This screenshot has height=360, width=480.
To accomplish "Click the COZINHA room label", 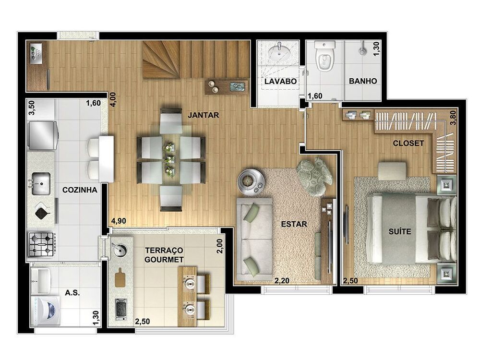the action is coord(80,190).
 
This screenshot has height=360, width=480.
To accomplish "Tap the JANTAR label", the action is coord(203,115).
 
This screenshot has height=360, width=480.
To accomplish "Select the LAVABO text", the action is coord(280,81).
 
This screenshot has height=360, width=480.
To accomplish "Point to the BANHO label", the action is coord(363,81).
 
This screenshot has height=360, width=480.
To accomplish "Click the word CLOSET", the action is coord(408,143).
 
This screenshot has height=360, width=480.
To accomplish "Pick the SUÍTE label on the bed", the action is coord(400,231).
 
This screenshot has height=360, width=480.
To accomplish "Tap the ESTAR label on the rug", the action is coord(294,224).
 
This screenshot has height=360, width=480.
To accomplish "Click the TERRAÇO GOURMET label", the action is coord(164,255).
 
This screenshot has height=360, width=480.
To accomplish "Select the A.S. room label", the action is coord(72,293).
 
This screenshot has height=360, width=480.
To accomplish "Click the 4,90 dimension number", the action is coord(119,221).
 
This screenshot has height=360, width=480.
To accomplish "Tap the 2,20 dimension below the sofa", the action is coord(282,281).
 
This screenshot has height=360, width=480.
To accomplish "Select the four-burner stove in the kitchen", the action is coord(42,244).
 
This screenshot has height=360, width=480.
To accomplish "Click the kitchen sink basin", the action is coord(41,183).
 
